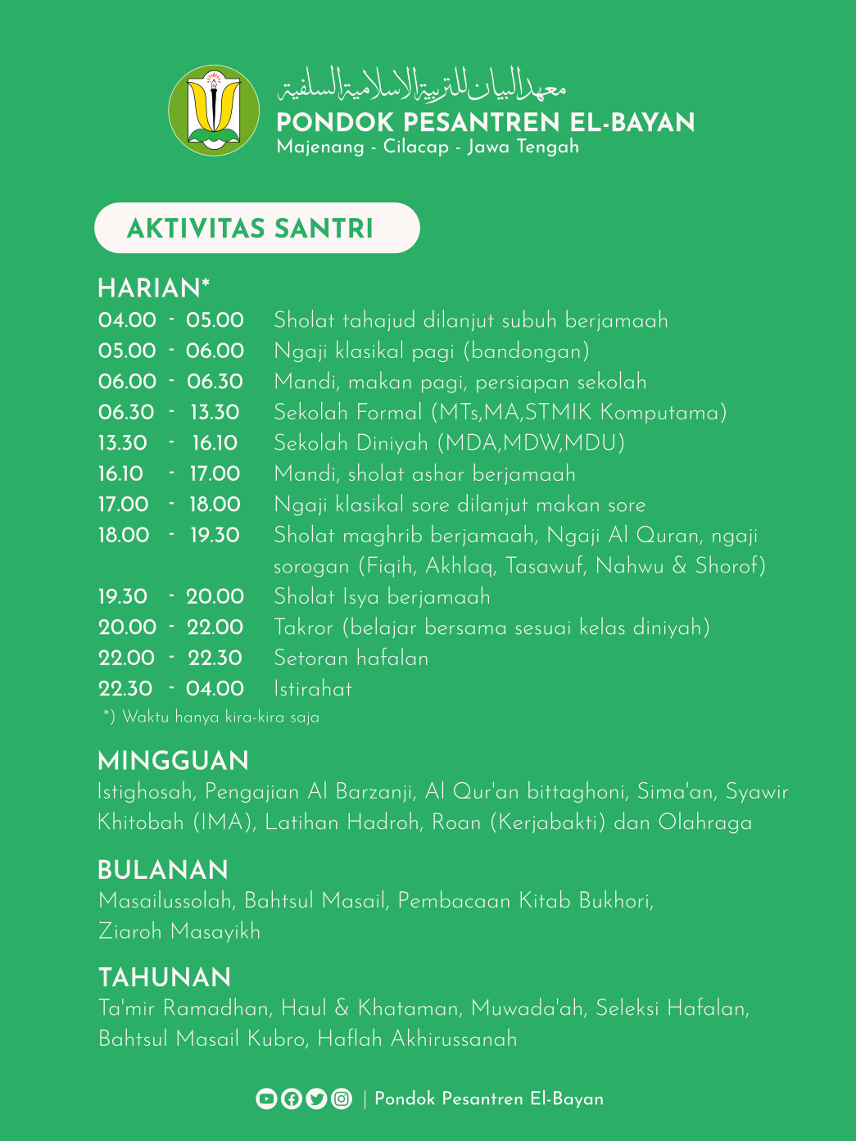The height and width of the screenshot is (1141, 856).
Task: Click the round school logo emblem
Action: click(214, 111)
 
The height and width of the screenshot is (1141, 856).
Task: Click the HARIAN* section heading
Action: click(154, 288)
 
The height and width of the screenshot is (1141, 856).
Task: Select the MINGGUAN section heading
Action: click(173, 761)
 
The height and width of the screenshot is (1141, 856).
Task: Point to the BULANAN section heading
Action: click(163, 870)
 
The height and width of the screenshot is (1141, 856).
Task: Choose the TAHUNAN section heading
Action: click(165, 977)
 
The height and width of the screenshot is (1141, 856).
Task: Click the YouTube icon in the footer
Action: click(266, 1098)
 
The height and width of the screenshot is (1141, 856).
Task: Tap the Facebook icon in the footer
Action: click(291, 1098)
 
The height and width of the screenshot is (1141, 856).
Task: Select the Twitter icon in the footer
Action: click(316, 1098)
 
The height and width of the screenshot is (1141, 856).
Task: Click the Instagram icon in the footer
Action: click(342, 1098)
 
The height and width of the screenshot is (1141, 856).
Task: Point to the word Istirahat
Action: click(313, 689)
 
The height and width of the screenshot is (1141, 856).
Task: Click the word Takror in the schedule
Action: click(304, 627)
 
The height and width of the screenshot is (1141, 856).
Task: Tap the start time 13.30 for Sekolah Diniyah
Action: click(123, 443)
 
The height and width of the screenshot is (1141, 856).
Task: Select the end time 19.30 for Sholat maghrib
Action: click(215, 535)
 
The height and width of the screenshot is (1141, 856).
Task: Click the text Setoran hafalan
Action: click(351, 658)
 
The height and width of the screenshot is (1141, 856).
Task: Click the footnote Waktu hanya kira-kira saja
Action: click(211, 717)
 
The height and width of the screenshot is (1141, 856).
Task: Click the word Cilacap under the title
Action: click(416, 147)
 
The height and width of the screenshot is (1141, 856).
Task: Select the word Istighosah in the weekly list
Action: click(146, 792)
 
